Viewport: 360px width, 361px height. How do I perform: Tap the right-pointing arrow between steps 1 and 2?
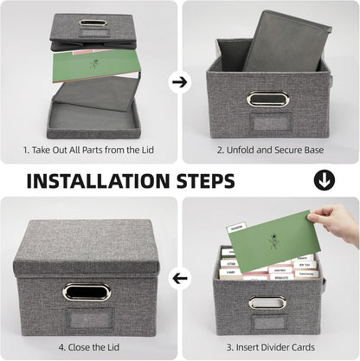pyautogui.click(x=180, y=82)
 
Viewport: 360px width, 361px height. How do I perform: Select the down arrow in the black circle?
pyautogui.click(x=325, y=180)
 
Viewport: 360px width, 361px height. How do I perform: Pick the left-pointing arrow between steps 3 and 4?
pyautogui.click(x=181, y=279)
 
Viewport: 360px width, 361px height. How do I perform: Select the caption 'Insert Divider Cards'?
pyautogui.click(x=275, y=346)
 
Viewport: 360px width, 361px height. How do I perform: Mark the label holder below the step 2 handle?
pyautogui.click(x=261, y=120)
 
